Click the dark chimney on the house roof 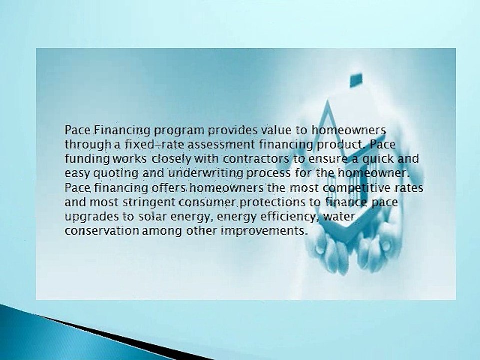point(356,79)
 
